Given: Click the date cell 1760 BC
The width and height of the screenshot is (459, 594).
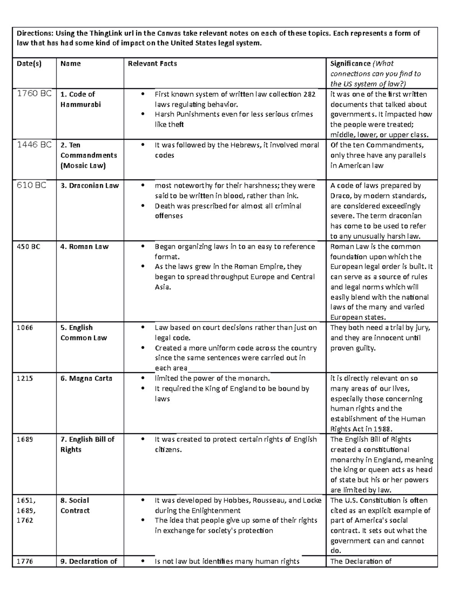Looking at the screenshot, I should [34, 94].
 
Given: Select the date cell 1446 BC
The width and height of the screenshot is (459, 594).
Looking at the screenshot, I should [34, 145].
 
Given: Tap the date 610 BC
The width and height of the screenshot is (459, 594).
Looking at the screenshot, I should [31, 186].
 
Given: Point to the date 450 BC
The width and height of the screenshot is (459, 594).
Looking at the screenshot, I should [28, 247].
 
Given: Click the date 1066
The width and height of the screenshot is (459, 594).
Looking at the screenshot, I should [25, 328].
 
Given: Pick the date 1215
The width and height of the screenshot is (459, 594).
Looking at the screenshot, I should [25, 379].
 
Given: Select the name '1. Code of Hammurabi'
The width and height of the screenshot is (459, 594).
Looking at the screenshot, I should [80, 99].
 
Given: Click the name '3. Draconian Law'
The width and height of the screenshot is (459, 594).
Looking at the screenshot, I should [90, 186].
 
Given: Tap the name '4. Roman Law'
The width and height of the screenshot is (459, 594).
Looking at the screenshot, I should [84, 247].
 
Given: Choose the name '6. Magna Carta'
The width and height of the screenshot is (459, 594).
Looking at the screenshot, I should [86, 379].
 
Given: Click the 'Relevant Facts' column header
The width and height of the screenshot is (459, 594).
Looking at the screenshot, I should [152, 63].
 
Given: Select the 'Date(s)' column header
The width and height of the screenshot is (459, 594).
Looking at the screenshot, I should [29, 63].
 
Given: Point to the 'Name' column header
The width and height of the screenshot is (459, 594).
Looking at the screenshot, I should [70, 63].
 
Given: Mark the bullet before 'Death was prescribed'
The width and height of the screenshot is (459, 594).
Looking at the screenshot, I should [143, 206].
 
